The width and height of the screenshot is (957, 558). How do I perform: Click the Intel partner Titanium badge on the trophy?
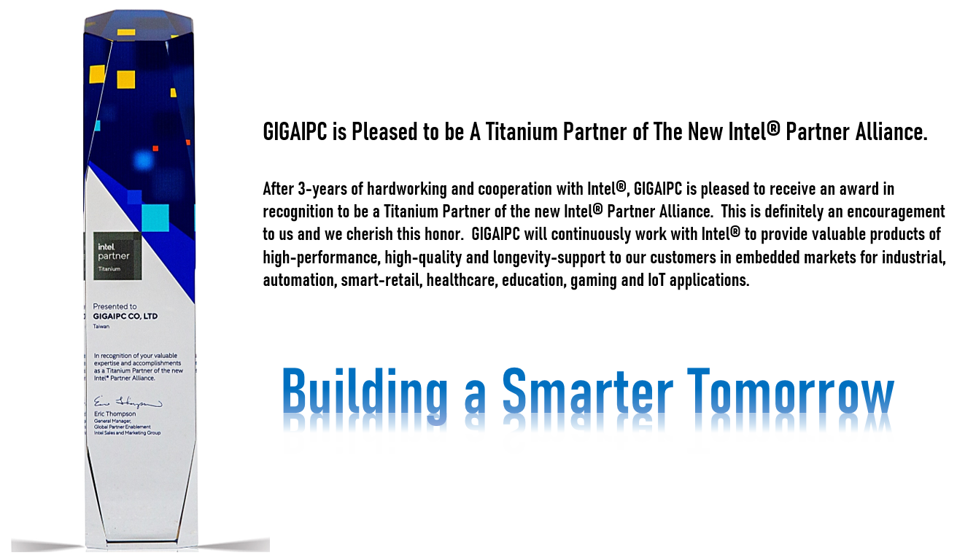[117, 256]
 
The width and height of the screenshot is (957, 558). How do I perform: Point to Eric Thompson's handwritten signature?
[128, 403]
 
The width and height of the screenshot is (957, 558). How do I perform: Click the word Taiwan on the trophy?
[101, 327]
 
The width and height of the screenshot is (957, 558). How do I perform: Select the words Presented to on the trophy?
[115, 306]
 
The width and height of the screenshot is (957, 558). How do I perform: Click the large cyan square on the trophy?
[155, 218]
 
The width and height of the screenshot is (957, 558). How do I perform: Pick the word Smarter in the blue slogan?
[587, 390]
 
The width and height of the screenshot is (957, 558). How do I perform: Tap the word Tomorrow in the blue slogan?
[791, 390]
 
